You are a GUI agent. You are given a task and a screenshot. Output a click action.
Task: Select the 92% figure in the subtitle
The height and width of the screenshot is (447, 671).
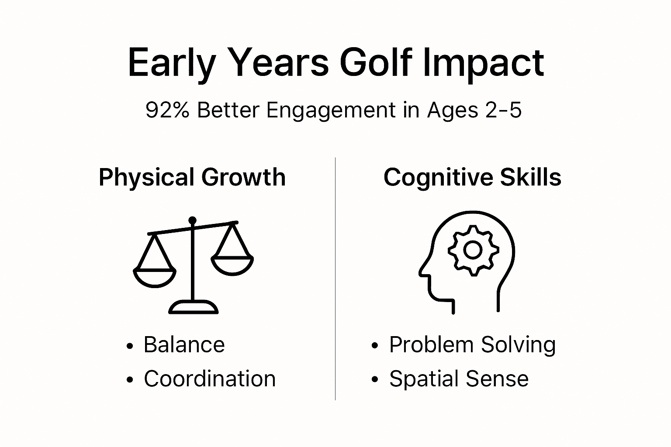click(x=167, y=110)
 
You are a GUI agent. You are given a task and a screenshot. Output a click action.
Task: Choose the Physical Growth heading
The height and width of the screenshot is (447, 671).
click(x=192, y=177)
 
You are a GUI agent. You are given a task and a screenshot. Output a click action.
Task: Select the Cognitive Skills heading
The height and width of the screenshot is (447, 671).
click(x=472, y=177)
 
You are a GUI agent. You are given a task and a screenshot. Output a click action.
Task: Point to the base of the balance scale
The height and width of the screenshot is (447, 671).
click(x=193, y=307)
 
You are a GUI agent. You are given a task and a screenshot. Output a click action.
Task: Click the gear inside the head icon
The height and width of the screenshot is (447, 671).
click(x=473, y=250)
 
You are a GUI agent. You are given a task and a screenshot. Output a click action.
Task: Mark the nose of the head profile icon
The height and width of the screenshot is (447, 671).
click(x=422, y=271)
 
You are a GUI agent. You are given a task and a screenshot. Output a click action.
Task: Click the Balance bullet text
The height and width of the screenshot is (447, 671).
click(x=184, y=345)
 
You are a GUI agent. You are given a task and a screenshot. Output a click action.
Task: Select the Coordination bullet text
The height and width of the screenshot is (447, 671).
click(x=210, y=378)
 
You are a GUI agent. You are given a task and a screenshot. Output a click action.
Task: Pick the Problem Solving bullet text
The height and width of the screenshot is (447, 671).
click(x=472, y=345)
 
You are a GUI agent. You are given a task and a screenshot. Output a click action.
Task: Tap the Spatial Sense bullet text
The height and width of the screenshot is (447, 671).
click(x=459, y=378)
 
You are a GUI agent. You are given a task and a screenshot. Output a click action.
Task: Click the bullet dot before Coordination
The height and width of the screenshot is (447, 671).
click(x=129, y=380)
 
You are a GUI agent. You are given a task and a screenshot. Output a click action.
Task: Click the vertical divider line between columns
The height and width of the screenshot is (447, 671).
click(x=335, y=279)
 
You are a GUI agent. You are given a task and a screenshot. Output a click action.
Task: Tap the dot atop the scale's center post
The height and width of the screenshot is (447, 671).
click(x=193, y=220)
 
